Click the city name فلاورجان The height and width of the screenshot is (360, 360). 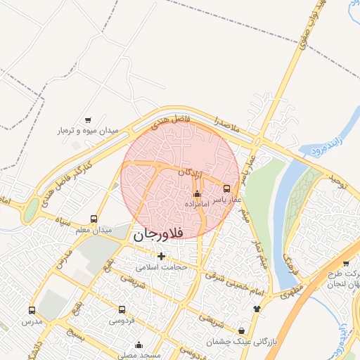157,234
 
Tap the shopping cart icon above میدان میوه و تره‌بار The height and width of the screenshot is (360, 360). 88,120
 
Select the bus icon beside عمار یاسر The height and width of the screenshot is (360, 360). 226,188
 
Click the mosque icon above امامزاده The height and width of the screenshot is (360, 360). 196,193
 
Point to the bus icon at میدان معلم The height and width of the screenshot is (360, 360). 94,219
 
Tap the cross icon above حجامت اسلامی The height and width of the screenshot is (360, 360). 162,257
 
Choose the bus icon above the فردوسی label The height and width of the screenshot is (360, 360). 122,309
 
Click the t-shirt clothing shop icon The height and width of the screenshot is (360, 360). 257,308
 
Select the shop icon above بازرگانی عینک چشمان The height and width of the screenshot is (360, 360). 242,330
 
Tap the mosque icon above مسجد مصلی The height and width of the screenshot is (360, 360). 139,345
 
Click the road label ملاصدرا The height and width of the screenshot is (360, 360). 228,127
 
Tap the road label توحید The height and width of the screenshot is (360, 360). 338,184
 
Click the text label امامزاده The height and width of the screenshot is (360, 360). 196,203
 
